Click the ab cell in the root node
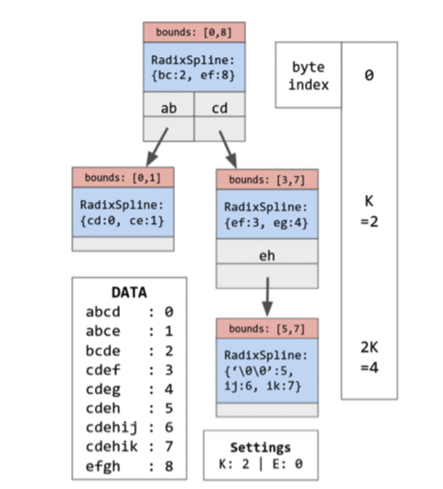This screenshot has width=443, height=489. (x=169, y=108)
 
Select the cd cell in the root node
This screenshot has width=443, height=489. (x=220, y=108)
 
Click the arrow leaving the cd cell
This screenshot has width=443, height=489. (x=229, y=146)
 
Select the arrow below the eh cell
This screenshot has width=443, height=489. (x=266, y=300)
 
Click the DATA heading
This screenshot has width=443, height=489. (x=129, y=292)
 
